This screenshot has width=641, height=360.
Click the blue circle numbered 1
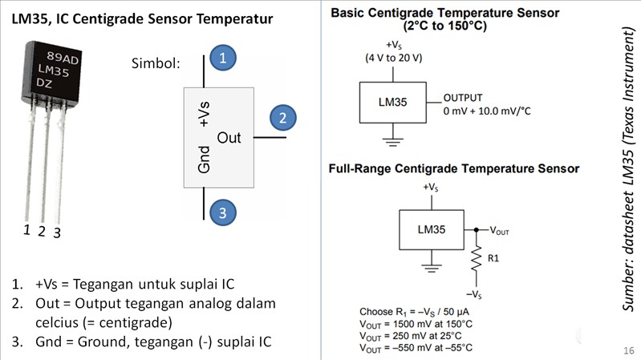(224, 58)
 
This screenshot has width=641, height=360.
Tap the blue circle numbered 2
(282, 118)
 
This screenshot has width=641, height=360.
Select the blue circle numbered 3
(224, 212)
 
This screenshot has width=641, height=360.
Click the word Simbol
(155, 64)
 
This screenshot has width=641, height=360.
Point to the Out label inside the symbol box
(229, 138)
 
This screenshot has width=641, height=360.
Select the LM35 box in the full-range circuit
(433, 229)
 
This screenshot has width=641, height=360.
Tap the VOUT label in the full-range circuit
(499, 229)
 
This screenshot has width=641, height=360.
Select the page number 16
(628, 351)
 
